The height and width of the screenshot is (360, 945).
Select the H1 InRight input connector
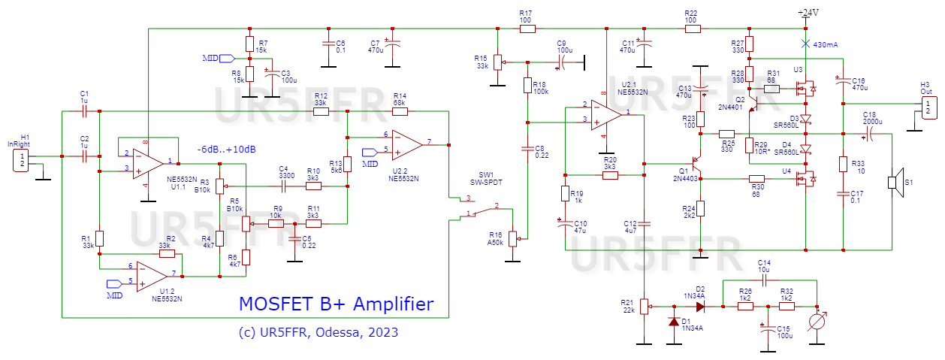[x=22, y=159]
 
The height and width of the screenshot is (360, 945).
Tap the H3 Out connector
[x=929, y=107]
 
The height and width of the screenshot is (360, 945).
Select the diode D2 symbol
[x=699, y=307]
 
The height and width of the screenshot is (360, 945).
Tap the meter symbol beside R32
[x=817, y=322]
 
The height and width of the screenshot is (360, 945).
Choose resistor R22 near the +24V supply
[x=692, y=29]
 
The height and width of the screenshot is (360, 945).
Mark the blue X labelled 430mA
[x=805, y=44]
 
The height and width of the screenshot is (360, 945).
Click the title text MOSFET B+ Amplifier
[x=336, y=304]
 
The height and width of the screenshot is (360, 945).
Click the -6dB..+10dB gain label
[x=226, y=150]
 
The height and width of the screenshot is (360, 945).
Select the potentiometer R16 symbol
[x=514, y=238]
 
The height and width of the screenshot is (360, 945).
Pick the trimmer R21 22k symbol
[x=644, y=307]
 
